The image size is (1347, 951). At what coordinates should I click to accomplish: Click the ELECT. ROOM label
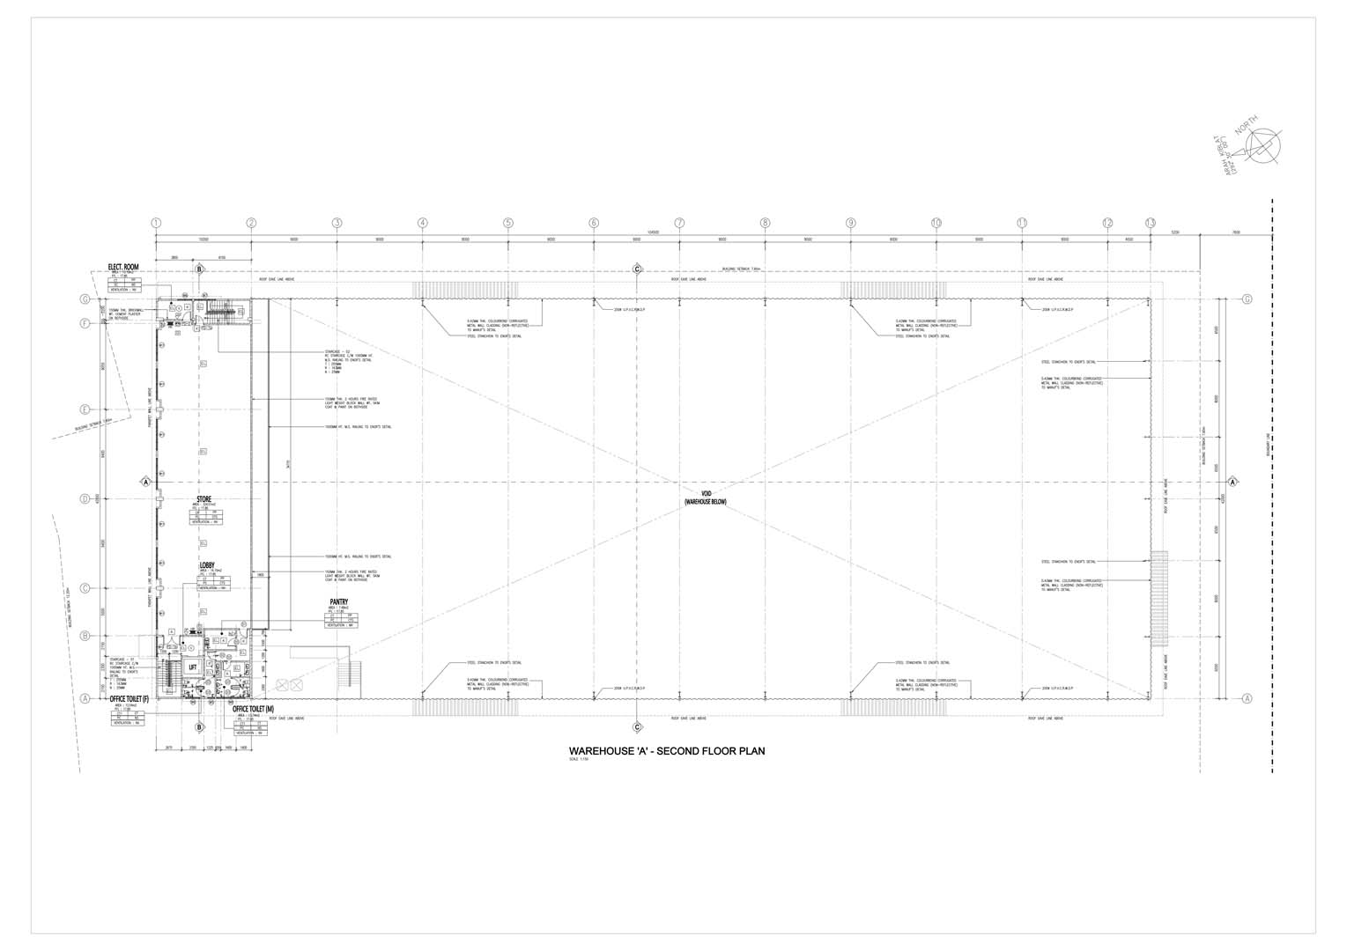(x=123, y=266)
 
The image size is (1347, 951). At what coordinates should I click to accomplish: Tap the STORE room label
(x=204, y=499)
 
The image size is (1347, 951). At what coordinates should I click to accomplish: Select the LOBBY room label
(x=207, y=564)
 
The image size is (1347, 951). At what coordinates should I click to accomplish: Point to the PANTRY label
(x=339, y=602)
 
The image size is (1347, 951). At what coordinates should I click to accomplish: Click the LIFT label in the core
(x=192, y=667)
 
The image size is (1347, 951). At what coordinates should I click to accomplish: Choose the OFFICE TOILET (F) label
(x=130, y=698)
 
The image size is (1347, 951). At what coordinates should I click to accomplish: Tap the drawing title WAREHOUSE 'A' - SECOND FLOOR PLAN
(x=667, y=751)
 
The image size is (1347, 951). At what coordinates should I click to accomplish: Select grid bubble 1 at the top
(x=157, y=224)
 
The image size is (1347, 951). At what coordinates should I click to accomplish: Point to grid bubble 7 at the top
(x=679, y=224)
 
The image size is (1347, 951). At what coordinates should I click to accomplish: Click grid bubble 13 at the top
(x=1151, y=224)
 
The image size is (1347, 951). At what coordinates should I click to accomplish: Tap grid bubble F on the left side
(x=85, y=323)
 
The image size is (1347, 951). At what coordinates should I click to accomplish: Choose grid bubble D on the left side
(x=85, y=499)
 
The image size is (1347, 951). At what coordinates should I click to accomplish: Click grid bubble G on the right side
(x=1247, y=299)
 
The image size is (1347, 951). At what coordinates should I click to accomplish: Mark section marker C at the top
(x=637, y=269)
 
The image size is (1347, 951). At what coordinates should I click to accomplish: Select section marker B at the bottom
(x=200, y=726)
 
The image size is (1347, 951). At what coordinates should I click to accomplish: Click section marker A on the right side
(x=1233, y=482)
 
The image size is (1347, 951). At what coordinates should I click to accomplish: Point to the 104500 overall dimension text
(x=653, y=232)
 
